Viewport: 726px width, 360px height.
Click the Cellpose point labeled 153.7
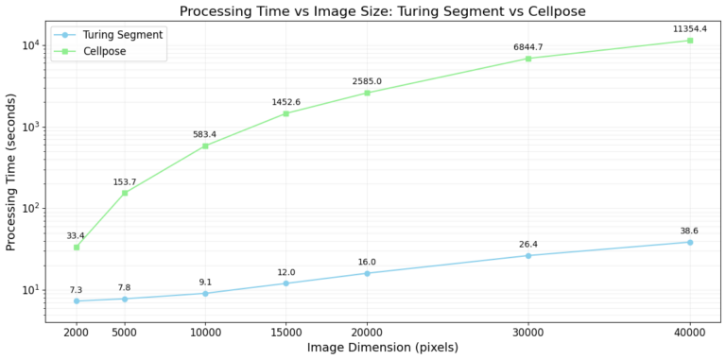125,193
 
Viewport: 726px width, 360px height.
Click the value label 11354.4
690,28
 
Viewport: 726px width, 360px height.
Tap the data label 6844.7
527,46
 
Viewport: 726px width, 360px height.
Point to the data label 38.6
690,231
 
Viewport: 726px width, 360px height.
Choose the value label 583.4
205,134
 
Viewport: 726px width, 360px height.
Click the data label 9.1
205,282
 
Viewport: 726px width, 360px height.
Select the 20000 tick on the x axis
367,332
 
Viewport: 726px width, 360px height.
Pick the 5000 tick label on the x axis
125,332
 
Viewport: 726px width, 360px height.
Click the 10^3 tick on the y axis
28,127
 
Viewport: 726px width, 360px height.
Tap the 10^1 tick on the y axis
28,290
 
